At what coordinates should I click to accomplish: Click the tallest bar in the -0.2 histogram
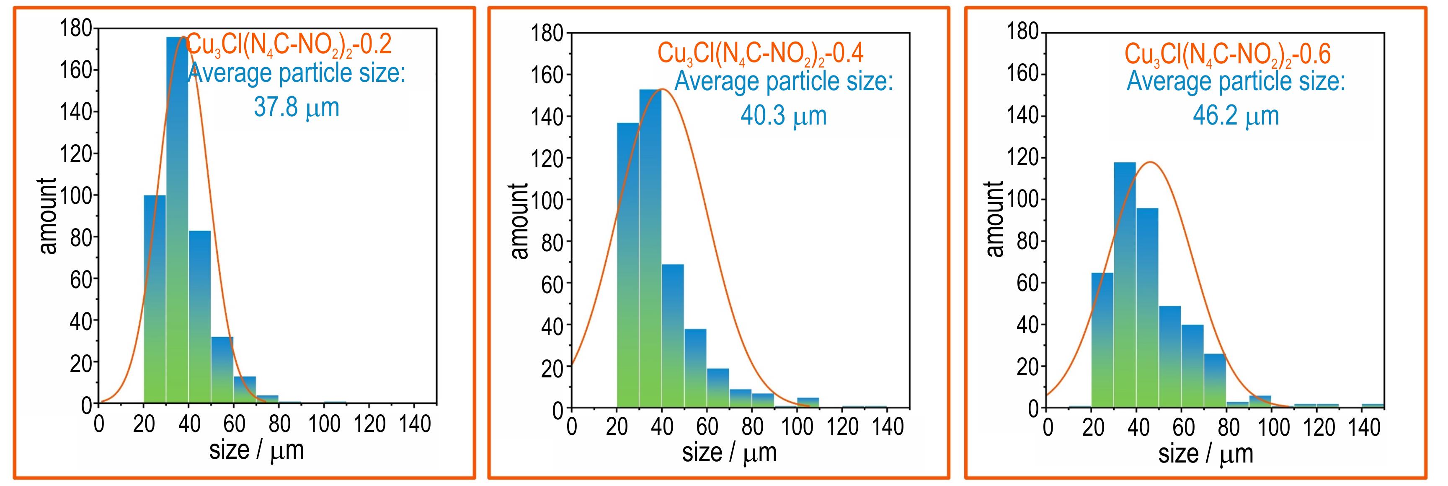(177, 225)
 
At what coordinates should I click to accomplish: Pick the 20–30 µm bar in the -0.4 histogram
(628, 264)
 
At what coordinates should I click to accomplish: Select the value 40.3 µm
(784, 115)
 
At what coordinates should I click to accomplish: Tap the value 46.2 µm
(1236, 115)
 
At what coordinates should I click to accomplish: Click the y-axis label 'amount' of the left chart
(49, 216)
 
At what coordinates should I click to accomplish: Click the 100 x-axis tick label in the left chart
(324, 424)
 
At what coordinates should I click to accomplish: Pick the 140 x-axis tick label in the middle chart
(887, 427)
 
